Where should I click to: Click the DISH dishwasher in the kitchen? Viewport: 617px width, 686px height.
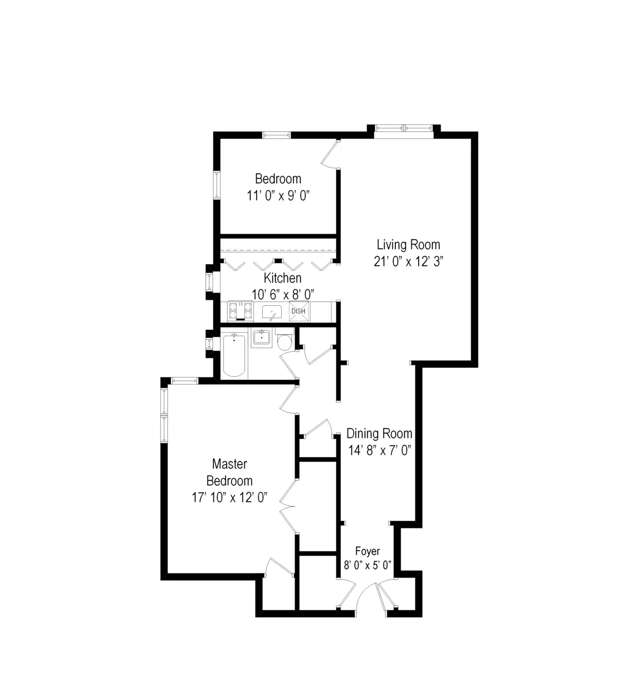pos(298,311)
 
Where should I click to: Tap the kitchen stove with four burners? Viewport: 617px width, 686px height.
pos(240,311)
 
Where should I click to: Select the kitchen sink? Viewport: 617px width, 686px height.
pos(271,312)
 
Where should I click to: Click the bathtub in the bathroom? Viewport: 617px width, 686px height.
pos(234,355)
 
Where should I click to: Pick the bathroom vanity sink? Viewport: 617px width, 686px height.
pos(262,338)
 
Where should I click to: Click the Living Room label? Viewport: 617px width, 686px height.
pos(408,244)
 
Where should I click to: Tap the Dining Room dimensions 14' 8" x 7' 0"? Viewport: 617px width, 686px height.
pos(379,450)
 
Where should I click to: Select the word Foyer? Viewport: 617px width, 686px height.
pos(368,552)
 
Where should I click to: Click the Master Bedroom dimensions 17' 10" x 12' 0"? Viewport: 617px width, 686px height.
pos(229,498)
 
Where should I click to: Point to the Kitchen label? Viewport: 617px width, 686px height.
pos(282,278)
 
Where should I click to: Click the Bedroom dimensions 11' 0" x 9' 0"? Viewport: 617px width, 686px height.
pos(278,196)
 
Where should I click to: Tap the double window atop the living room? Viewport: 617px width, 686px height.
pos(404,129)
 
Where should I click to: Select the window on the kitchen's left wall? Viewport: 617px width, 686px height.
pos(210,282)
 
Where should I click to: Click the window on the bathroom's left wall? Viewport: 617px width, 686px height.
pos(210,343)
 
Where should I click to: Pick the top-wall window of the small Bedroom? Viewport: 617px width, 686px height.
pos(277,135)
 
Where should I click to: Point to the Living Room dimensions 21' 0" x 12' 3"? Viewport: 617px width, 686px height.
pos(408,261)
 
